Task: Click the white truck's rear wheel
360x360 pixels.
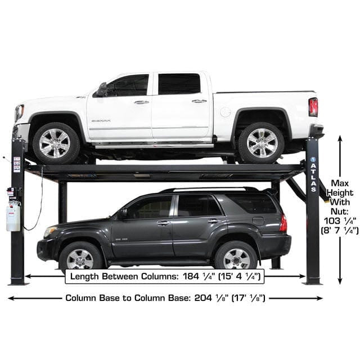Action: (x=262, y=142)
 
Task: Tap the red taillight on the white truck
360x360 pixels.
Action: (x=313, y=107)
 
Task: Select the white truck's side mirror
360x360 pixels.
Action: (x=102, y=90)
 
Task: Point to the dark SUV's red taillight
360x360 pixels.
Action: (x=283, y=223)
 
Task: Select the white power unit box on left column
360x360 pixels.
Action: (x=13, y=217)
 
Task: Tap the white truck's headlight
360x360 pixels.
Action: (x=19, y=112)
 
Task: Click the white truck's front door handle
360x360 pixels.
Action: (x=141, y=102)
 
